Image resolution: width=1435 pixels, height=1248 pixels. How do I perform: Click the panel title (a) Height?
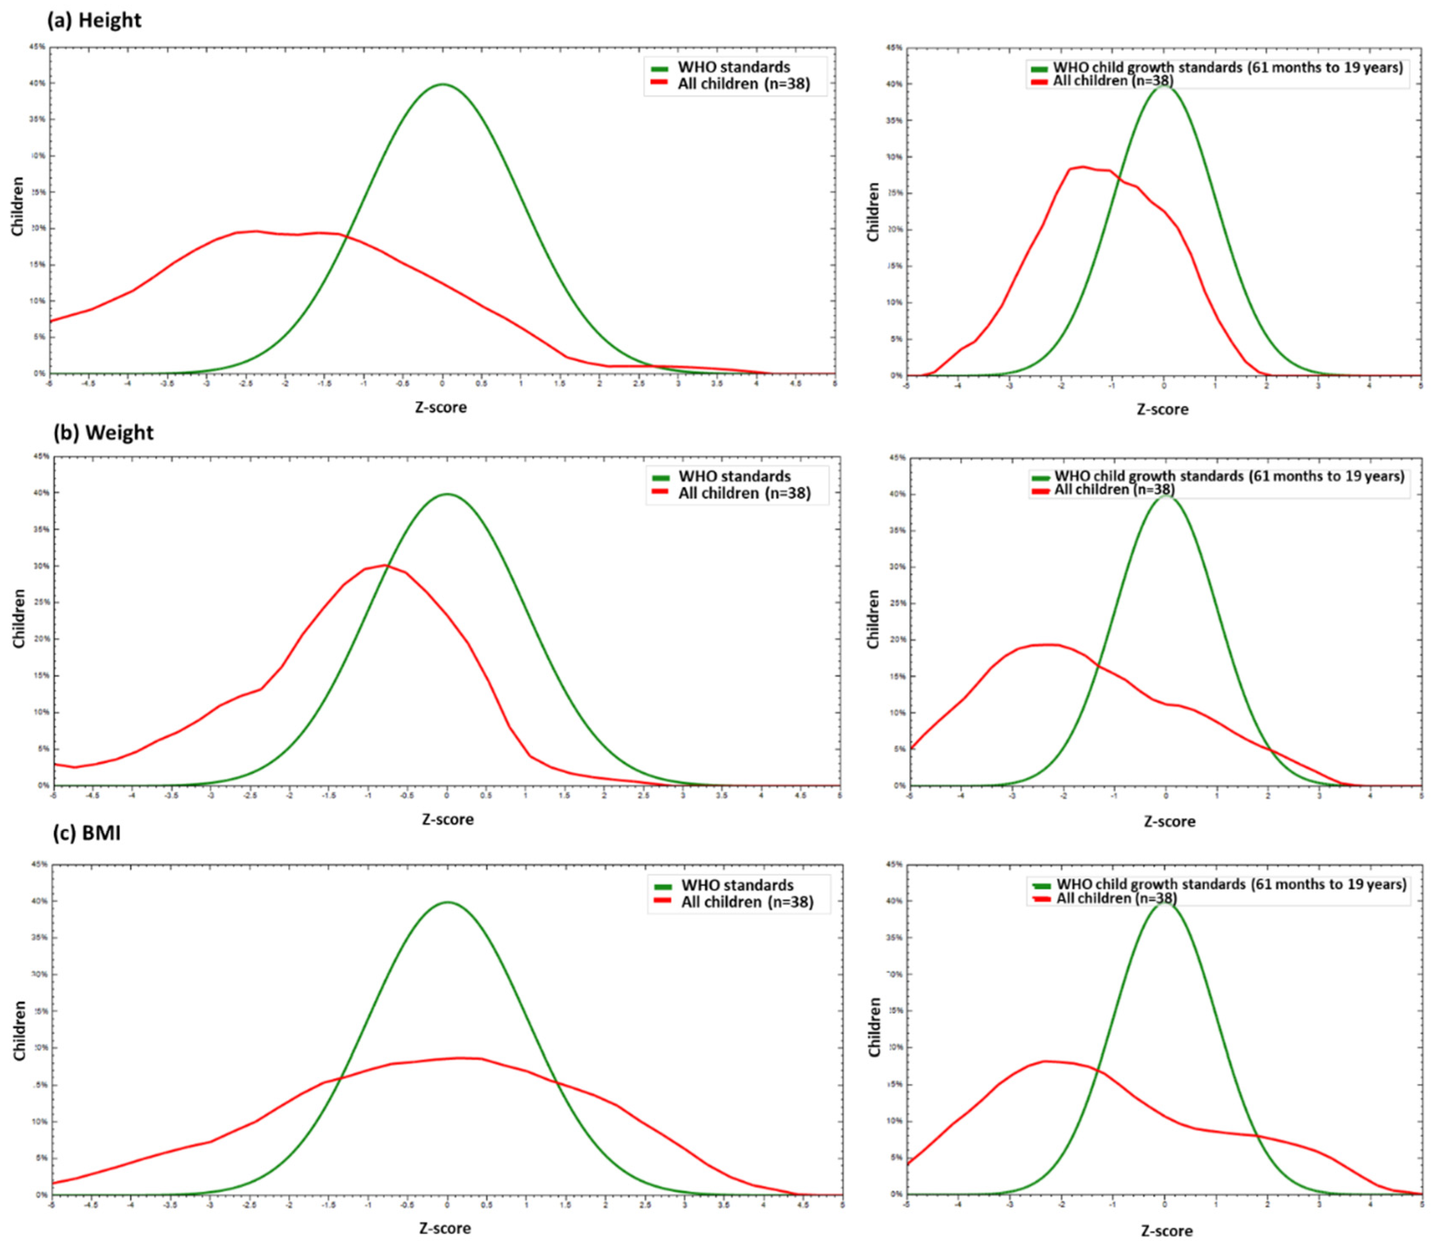click(x=94, y=20)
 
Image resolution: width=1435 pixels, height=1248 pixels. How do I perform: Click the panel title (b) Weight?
click(x=103, y=433)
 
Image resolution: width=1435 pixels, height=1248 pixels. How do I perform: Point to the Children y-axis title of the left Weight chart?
click(x=19, y=618)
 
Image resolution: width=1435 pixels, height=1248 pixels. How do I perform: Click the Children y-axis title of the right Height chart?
click(x=873, y=212)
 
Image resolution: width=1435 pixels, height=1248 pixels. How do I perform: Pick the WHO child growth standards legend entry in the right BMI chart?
click(x=1231, y=884)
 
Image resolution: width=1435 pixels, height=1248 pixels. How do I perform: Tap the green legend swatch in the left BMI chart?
click(x=662, y=886)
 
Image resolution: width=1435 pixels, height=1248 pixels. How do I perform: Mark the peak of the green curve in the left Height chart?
click(x=443, y=84)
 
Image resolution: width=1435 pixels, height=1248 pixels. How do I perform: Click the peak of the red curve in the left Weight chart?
click(x=384, y=565)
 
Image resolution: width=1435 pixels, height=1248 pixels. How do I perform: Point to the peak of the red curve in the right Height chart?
click(x=1083, y=167)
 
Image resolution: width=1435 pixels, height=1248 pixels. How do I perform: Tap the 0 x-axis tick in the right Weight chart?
click(x=1166, y=795)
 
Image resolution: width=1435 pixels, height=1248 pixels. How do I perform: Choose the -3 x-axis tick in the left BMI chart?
click(x=209, y=1204)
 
